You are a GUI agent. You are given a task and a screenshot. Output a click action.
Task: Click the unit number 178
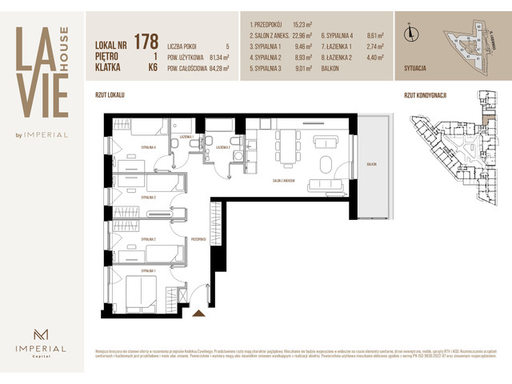click(146, 42)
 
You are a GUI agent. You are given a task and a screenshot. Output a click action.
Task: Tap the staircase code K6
click(151, 68)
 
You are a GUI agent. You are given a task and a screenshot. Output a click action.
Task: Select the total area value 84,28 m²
click(215, 68)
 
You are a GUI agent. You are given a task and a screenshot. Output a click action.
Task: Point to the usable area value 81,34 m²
click(215, 58)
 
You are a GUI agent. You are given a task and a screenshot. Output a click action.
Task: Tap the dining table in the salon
click(286, 148)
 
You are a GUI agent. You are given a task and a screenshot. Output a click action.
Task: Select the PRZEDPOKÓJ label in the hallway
click(199, 238)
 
